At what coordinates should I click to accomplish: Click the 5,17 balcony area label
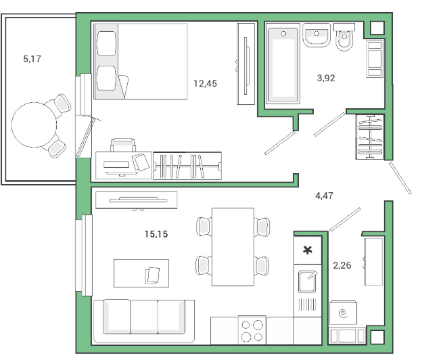(x=32, y=59)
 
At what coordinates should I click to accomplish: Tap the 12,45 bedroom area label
(x=205, y=83)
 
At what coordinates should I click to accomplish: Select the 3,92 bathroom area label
(x=326, y=78)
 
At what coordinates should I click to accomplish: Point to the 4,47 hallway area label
(x=324, y=196)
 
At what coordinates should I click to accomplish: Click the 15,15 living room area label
(x=156, y=234)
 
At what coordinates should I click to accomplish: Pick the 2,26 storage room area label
(x=342, y=265)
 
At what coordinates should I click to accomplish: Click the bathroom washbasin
(x=316, y=35)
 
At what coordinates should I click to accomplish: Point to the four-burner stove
(x=252, y=330)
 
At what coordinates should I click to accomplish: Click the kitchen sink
(x=307, y=282)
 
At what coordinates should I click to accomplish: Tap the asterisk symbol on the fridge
(x=307, y=250)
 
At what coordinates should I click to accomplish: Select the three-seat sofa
(x=144, y=321)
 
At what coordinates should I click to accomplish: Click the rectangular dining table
(x=233, y=246)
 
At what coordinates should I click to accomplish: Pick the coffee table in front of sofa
(x=141, y=273)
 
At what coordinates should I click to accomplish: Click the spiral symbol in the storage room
(x=343, y=313)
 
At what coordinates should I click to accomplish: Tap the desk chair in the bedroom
(x=123, y=145)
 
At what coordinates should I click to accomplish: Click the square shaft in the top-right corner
(x=377, y=28)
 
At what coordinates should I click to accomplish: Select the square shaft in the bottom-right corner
(x=377, y=337)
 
